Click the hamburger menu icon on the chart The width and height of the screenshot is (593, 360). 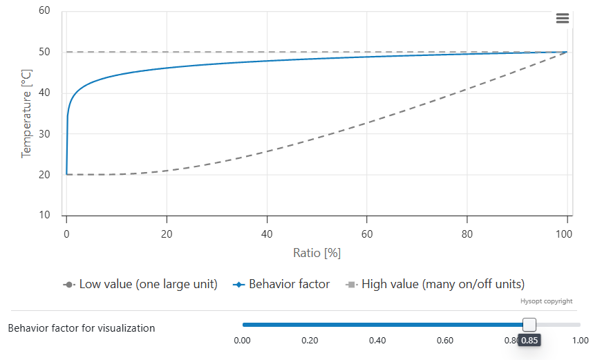563,19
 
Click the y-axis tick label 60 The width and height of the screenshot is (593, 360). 44,11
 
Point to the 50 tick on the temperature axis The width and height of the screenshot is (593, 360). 44,53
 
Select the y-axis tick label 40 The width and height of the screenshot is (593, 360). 44,93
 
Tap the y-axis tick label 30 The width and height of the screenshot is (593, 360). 44,134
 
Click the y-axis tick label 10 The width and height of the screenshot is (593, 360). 44,216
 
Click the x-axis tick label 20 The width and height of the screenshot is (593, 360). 167,234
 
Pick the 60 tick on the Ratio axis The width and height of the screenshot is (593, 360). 367,234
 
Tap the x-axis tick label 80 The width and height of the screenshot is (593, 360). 467,234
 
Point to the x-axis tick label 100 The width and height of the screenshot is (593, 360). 564,234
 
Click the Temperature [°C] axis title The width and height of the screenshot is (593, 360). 26,113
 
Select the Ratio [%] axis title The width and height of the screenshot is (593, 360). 317,253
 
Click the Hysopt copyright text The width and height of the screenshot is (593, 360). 546,301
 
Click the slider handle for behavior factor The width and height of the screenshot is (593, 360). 529,325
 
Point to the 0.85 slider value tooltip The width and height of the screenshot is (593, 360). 529,341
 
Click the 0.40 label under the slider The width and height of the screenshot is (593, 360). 377,341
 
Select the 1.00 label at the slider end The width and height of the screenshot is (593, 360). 580,341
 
